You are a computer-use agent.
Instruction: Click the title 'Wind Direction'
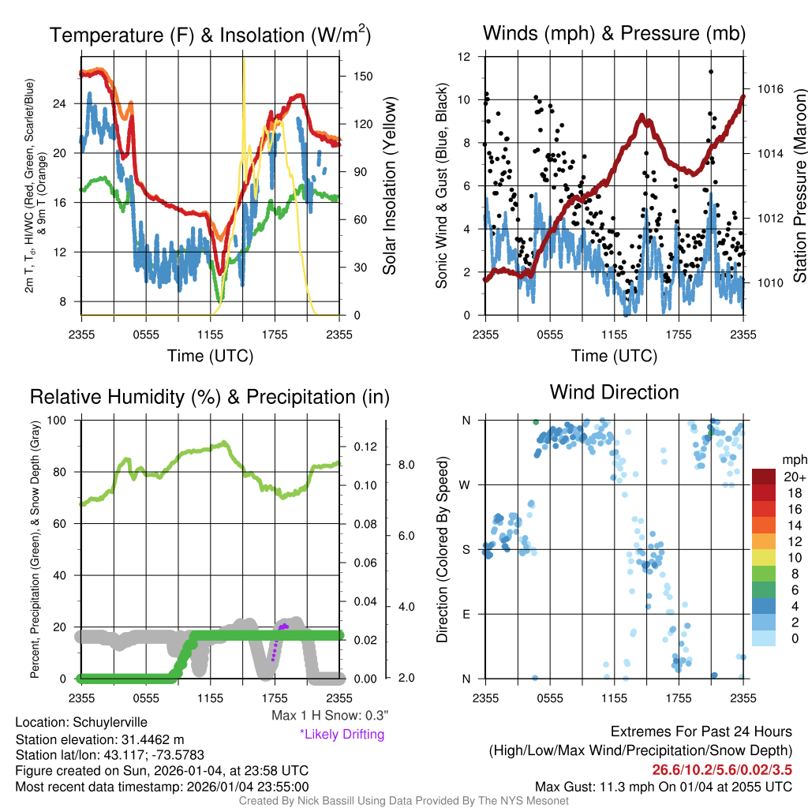pos(614,392)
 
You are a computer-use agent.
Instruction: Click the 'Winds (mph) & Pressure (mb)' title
pos(614,33)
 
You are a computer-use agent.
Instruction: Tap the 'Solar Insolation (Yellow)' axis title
pos(389,186)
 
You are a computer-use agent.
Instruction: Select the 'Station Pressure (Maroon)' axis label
pos(799,186)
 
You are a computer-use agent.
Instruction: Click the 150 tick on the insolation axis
pos(363,77)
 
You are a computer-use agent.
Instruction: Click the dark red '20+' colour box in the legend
pos(763,477)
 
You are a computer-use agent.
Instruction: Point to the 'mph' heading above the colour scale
pos(792,459)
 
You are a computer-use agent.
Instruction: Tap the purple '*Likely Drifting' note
pos(342,735)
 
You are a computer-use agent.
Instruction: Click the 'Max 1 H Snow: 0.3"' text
pos(330,716)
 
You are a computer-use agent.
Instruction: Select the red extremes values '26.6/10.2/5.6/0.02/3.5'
pos(722,769)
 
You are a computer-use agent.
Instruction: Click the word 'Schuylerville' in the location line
pos(110,722)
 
